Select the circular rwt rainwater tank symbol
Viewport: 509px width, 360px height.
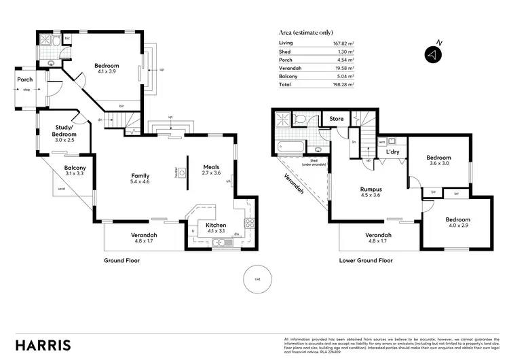point(257,279)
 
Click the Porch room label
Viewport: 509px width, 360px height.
point(25,79)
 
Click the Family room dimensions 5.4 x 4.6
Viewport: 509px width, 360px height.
point(140,182)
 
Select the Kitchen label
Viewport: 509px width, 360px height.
point(216,224)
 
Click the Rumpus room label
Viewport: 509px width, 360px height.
point(371,189)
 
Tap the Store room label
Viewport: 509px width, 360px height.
point(337,119)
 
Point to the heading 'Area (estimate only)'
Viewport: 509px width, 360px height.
point(306,32)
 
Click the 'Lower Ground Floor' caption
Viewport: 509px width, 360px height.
point(366,260)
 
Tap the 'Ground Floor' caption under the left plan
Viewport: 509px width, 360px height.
point(121,260)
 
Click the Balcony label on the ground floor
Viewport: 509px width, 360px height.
point(75,168)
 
